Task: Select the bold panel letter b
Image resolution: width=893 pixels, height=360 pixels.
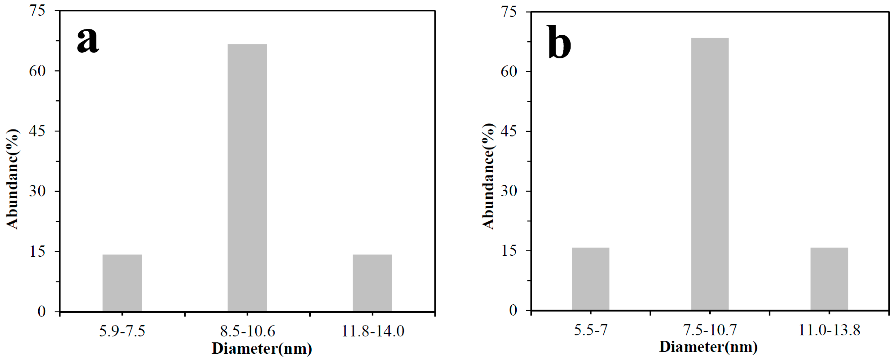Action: tap(559, 42)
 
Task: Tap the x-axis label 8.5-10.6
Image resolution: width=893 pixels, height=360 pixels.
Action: tap(247, 331)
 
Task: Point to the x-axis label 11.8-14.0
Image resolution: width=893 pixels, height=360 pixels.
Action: tap(373, 331)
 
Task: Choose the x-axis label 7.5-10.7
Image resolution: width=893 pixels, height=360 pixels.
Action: tap(710, 330)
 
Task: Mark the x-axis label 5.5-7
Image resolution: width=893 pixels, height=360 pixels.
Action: tap(590, 330)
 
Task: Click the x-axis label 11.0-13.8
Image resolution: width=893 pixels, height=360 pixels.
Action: tap(829, 330)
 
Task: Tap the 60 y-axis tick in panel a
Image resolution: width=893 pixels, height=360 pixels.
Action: tap(37, 71)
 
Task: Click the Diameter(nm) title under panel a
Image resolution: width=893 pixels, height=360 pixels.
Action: tap(262, 348)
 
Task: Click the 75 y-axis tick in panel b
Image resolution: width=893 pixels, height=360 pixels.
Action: tap(509, 12)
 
